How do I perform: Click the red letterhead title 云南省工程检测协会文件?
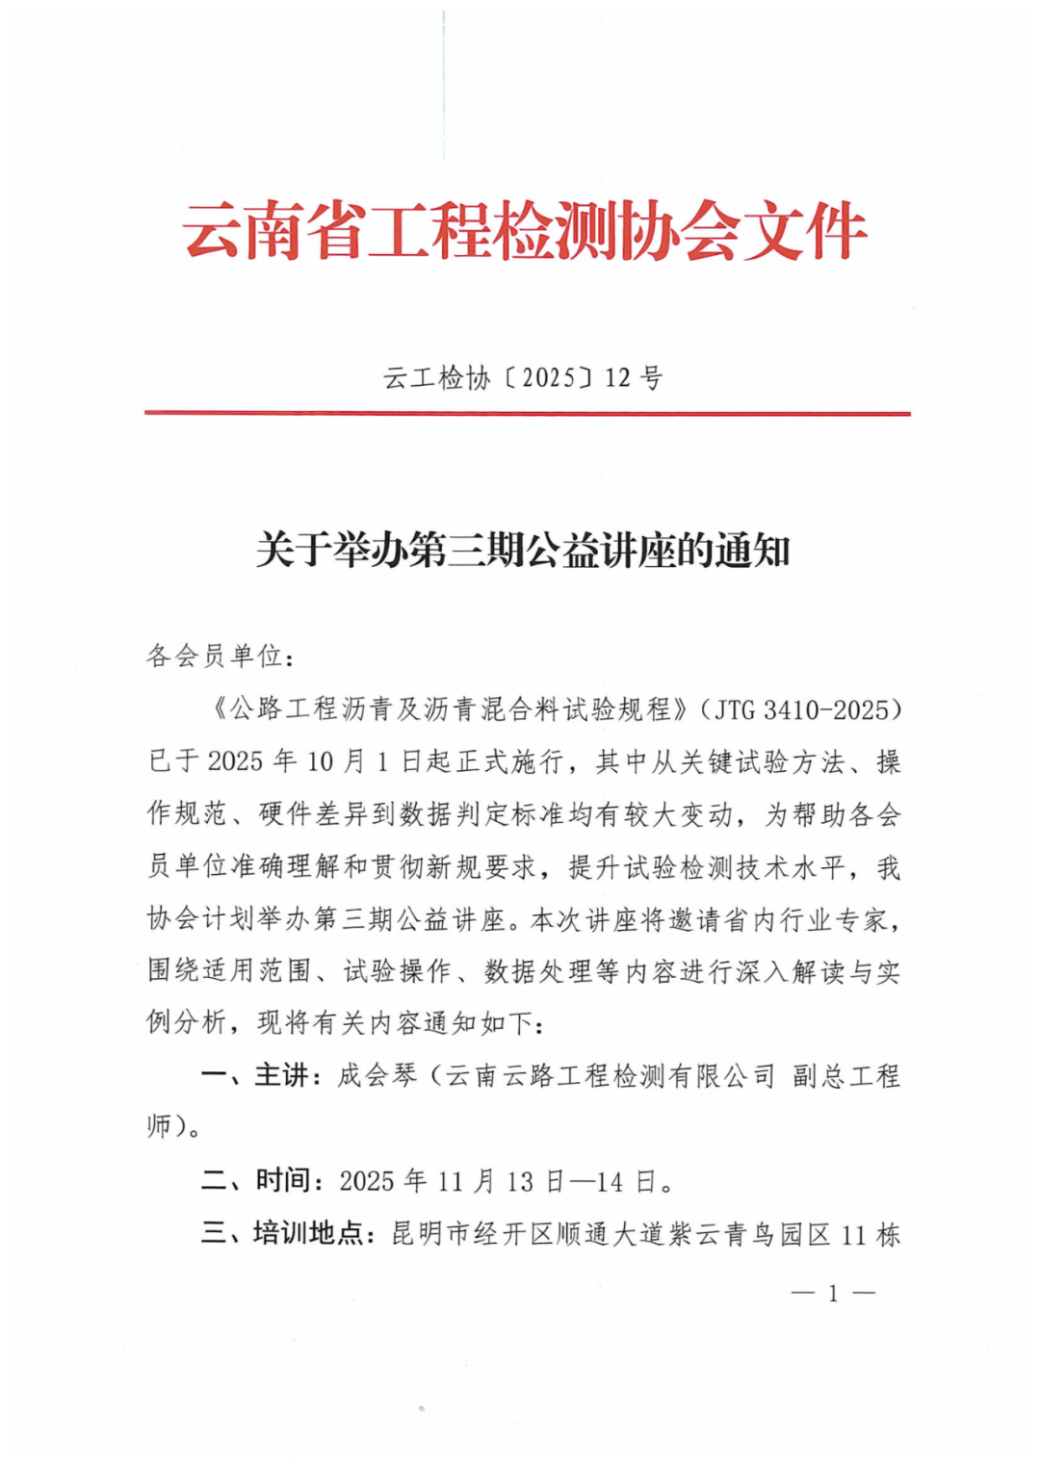click(x=525, y=232)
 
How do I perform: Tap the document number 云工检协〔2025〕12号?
click(x=523, y=378)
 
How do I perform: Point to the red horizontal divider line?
click(x=527, y=414)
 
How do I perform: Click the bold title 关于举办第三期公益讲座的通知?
click(x=523, y=551)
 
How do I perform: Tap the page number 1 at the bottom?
click(x=833, y=1294)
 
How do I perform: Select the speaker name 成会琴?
click(x=377, y=1075)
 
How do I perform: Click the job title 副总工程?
click(x=846, y=1076)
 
